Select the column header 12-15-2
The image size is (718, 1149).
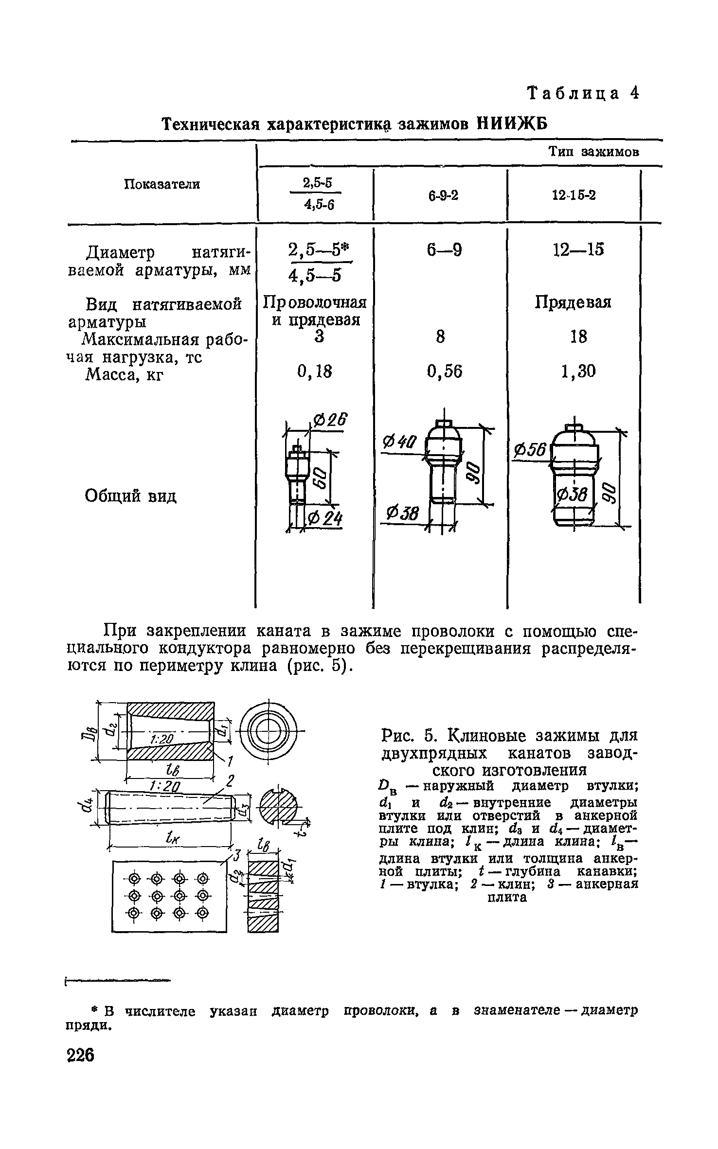[574, 195]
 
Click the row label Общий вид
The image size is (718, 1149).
[130, 496]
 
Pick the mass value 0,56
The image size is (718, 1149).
[444, 371]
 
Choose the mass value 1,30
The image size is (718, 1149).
[578, 371]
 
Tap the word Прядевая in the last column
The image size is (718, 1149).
[573, 302]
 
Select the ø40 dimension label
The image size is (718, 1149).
[400, 442]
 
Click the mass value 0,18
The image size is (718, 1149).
[314, 371]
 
